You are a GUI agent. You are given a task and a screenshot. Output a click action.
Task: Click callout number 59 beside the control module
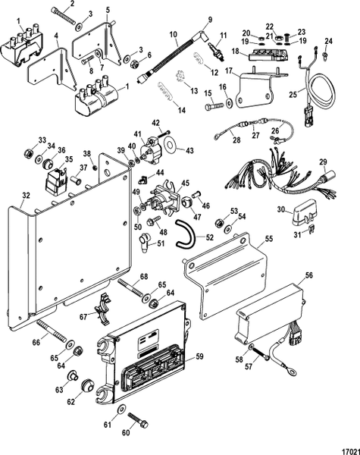(200, 355)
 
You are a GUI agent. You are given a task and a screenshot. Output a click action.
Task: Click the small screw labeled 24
(324, 54)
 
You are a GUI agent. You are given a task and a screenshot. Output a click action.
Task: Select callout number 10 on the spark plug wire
(173, 34)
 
